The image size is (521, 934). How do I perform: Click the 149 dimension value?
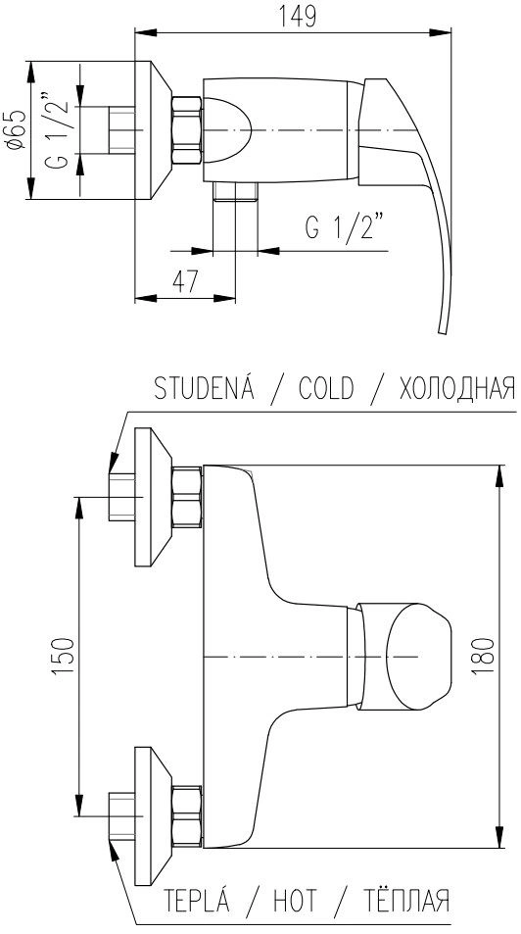pos(297,15)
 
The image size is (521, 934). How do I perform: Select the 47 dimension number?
pos(185,280)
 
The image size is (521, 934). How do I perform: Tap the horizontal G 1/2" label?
pos(345,226)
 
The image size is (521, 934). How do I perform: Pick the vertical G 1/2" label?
pos(57,129)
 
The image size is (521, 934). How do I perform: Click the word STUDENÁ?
pos(205,388)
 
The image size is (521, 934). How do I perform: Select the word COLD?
pos(326,389)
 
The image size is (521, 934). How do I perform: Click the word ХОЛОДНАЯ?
pos(456,389)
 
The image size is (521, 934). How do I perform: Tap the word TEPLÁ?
pos(196,899)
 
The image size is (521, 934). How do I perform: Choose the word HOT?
pos(295,900)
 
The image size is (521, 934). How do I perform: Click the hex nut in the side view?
pos(187,129)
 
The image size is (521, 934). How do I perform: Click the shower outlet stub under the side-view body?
pos(235,192)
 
